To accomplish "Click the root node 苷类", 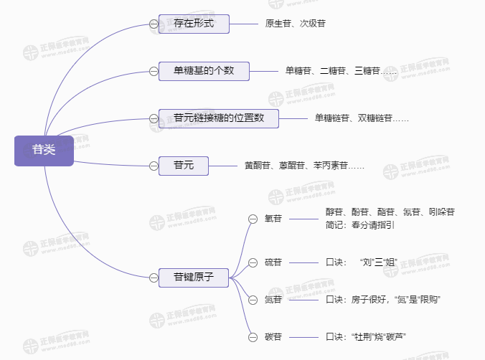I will tap(44, 150).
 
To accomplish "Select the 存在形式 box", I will tap(194, 24).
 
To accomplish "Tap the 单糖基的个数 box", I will tap(204, 70).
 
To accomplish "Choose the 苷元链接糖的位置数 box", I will tap(219, 118).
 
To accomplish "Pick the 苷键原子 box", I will tap(194, 276).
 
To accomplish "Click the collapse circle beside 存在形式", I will tap(154, 24).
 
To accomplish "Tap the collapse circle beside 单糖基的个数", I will tap(154, 71).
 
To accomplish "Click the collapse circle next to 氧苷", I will tap(252, 219).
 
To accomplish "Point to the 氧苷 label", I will tap(273, 219).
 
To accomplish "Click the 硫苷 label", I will tap(273, 262).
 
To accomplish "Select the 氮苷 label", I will tap(273, 298).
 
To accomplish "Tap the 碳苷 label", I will tap(273, 336).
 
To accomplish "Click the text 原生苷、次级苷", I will tap(295, 24).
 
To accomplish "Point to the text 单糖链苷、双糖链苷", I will tap(361, 118).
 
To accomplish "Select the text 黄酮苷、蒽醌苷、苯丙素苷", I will tap(304, 166).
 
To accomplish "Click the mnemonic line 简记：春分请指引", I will tap(359, 224).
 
